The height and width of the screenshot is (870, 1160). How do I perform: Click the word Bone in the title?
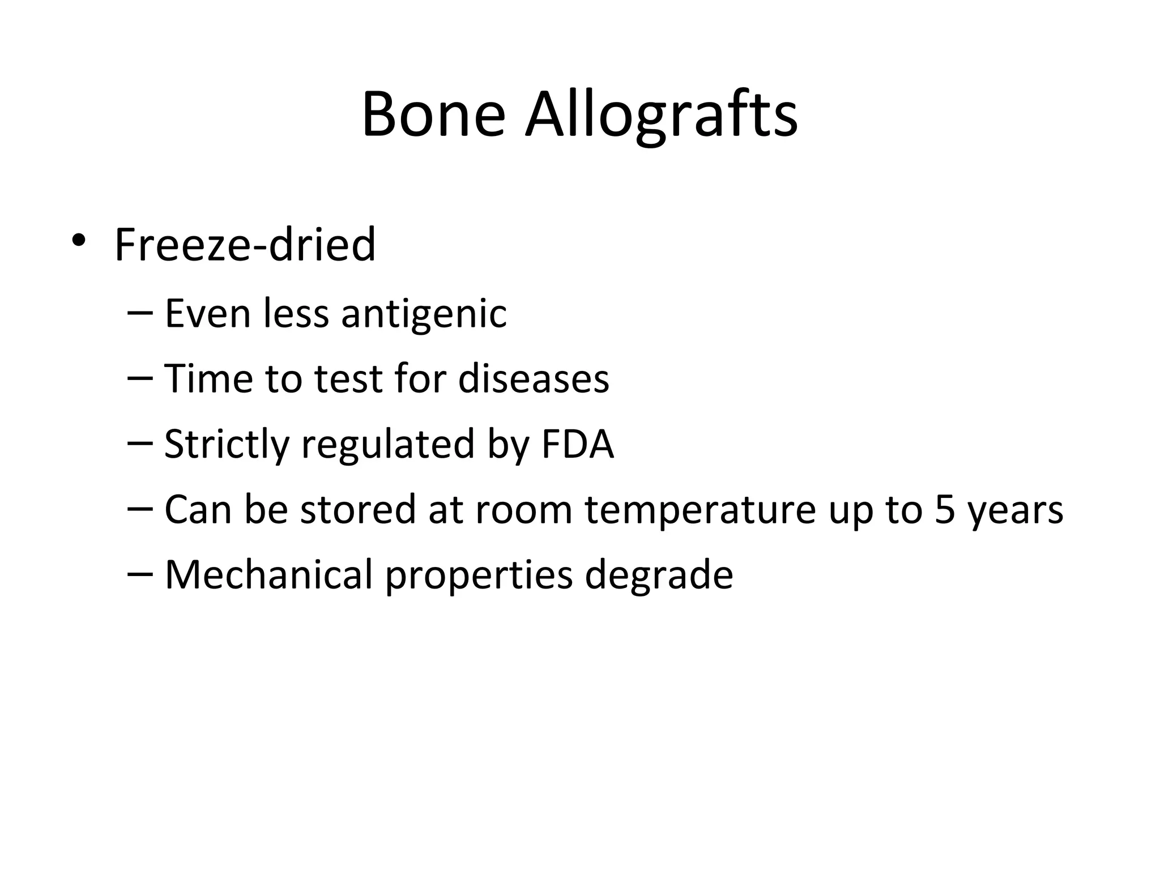point(433,115)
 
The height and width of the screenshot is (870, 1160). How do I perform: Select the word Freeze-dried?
point(245,245)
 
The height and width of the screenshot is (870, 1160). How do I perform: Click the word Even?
point(207,314)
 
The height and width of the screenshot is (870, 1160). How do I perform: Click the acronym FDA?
point(577,444)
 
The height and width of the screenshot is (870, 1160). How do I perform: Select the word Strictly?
point(227,445)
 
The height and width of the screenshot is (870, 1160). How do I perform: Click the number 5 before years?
point(944,510)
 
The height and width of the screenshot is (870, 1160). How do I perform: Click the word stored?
point(359,509)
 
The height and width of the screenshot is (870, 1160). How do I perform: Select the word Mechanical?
point(268,574)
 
